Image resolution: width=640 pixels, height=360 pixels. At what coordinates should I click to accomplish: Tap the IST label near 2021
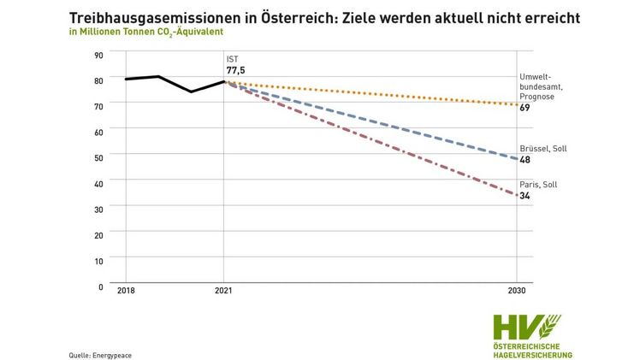pyautogui.click(x=232, y=59)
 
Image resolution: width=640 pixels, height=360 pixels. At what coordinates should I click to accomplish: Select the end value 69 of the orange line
pyautogui.click(x=524, y=108)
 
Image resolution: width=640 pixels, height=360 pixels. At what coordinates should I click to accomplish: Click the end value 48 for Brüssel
pyautogui.click(x=524, y=160)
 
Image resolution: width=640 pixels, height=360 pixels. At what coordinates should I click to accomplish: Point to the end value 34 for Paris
pyautogui.click(x=524, y=196)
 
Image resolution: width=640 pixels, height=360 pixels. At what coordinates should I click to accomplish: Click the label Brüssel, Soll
pyautogui.click(x=542, y=148)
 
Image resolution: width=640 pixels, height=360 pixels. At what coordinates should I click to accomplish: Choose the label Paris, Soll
pyautogui.click(x=537, y=184)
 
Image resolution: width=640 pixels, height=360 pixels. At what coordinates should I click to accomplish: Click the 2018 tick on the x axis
pyautogui.click(x=127, y=291)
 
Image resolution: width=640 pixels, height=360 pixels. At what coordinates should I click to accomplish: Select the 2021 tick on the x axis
pyautogui.click(x=223, y=291)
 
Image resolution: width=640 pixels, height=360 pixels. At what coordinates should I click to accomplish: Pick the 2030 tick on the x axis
pyautogui.click(x=516, y=291)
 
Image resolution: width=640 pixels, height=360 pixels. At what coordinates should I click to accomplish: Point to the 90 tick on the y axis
pyautogui.click(x=98, y=55)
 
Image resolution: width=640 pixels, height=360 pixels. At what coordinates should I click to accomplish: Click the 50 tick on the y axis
pyautogui.click(x=98, y=157)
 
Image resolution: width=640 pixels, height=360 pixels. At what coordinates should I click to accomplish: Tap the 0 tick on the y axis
pyautogui.click(x=101, y=286)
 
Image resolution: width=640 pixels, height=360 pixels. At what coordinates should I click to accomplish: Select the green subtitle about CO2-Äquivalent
pyautogui.click(x=145, y=32)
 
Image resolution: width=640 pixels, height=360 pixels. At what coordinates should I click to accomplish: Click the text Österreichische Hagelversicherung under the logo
pyautogui.click(x=532, y=350)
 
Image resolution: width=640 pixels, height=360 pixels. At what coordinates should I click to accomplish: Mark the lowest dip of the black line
pyautogui.click(x=191, y=91)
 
